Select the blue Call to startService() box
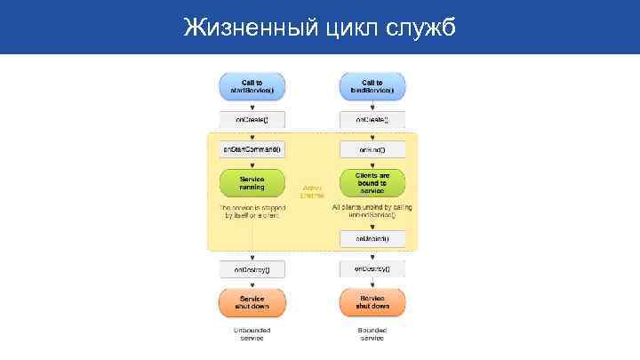(252, 85)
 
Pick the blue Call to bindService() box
(372, 85)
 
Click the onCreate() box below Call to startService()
(252, 118)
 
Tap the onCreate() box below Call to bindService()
(372, 118)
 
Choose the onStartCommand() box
(252, 149)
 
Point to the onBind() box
(372, 149)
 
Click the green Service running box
(252, 182)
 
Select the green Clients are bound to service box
(372, 182)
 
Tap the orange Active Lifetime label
(312, 191)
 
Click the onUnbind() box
(372, 238)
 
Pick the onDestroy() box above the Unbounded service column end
(252, 268)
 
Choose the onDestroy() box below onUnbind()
(372, 268)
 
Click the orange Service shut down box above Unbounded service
(252, 301)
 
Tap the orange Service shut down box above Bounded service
(372, 301)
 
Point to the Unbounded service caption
(252, 334)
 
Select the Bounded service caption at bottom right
(372, 334)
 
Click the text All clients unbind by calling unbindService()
(372, 212)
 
